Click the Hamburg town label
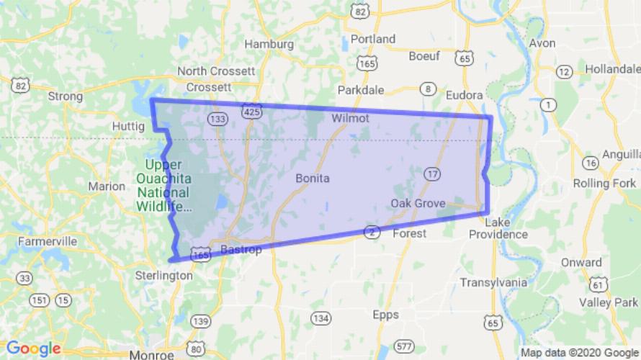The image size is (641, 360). pyautogui.click(x=269, y=44)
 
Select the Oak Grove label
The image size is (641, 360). pyautogui.click(x=418, y=204)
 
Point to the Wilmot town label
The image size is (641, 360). pyautogui.click(x=351, y=117)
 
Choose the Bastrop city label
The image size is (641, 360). pyautogui.click(x=239, y=249)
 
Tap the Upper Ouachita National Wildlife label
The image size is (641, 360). pyautogui.click(x=163, y=186)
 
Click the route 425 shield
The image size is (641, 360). pyautogui.click(x=252, y=112)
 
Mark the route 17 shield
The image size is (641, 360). pyautogui.click(x=431, y=174)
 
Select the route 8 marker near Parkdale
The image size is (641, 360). pyautogui.click(x=429, y=89)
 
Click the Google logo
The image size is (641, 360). pyautogui.click(x=34, y=348)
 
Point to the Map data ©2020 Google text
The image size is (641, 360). pyautogui.click(x=580, y=353)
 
